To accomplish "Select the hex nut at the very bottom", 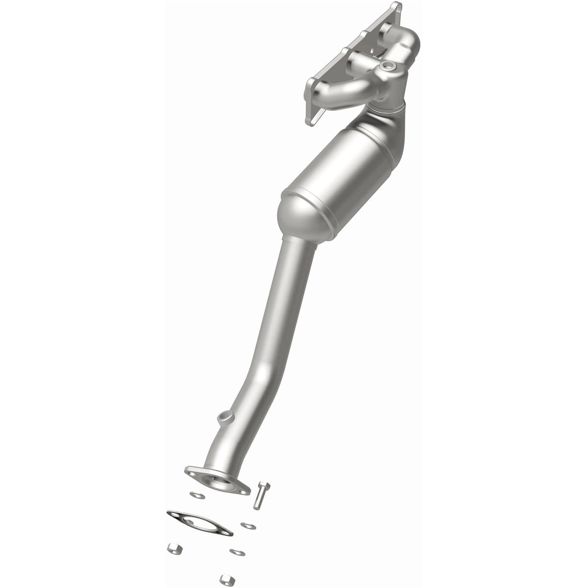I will pos(227,580).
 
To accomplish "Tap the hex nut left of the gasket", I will pos(175,549).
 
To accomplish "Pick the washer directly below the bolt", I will pos(248,526).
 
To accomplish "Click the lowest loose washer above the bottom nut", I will pos(237,552).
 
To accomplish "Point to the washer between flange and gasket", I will pos(198,495).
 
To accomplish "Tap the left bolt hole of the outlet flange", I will pos(192,473).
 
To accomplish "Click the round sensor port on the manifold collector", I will pos(387,66).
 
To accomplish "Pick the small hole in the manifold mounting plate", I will pos(372,50).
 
